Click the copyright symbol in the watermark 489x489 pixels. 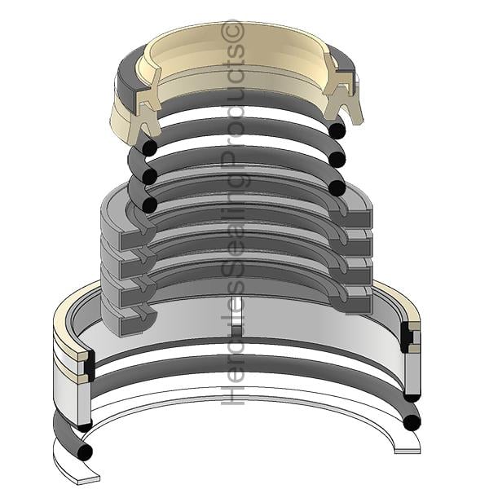(x=231, y=31)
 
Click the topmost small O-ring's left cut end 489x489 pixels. (x=149, y=148)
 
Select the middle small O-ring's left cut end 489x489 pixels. (x=149, y=175)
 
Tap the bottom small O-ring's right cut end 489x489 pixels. (x=337, y=187)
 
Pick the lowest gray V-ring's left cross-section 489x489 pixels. (x=137, y=321)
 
